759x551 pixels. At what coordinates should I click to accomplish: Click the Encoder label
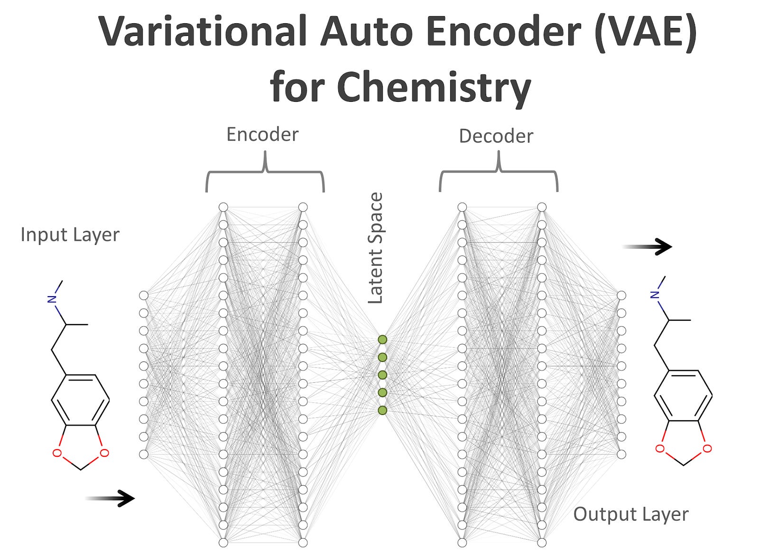pos(262,135)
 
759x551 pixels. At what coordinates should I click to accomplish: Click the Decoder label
pos(496,136)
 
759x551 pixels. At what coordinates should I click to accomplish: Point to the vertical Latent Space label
pos(375,248)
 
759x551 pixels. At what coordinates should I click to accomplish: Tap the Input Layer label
pos(70,235)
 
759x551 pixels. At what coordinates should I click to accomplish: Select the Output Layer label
pos(630,514)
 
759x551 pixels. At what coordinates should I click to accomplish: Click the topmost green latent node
pos(382,340)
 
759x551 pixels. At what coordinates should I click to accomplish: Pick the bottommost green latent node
pos(382,410)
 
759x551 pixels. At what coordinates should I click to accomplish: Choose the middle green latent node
pos(382,375)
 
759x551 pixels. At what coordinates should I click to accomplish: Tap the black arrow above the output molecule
pos(648,246)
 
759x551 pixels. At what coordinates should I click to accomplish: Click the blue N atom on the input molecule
pos(52,299)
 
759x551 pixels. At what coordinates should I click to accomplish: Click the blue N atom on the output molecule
pos(655,295)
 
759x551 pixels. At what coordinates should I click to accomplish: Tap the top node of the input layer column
pos(144,296)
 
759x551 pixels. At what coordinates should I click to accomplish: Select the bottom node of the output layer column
pos(621,454)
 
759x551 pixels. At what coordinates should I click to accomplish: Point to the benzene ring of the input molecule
pos(80,400)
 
